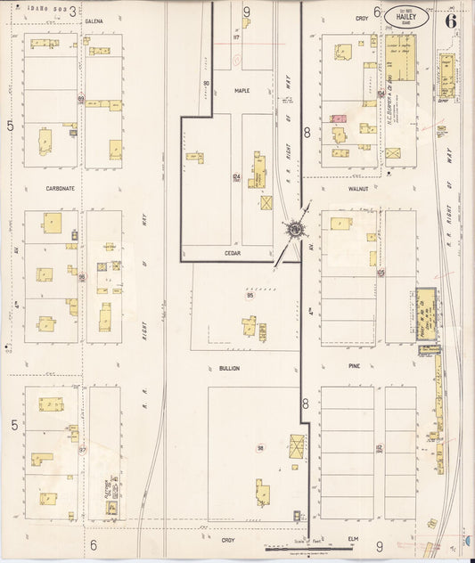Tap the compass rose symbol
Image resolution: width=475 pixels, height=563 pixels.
pos(293,230)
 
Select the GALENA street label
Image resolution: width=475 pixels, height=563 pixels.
pos(94,20)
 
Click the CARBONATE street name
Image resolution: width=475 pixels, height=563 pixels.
pos(60,189)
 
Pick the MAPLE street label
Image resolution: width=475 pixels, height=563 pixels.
pos(242,91)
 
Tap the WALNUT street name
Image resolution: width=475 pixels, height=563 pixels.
pos(358,189)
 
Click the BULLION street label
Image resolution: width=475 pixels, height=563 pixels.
pos(229,367)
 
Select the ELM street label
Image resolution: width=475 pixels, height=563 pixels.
pos(354,539)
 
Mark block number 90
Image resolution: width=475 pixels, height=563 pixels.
pos(206,84)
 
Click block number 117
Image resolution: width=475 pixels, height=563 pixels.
pos(236,37)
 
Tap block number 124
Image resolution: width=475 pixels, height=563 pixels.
pos(236,177)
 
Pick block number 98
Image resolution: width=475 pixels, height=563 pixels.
pos(261,447)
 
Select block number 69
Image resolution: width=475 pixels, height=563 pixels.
pos(81,99)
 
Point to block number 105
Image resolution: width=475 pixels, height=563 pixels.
pos(381,273)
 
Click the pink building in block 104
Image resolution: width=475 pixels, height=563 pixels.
pos(339,118)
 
